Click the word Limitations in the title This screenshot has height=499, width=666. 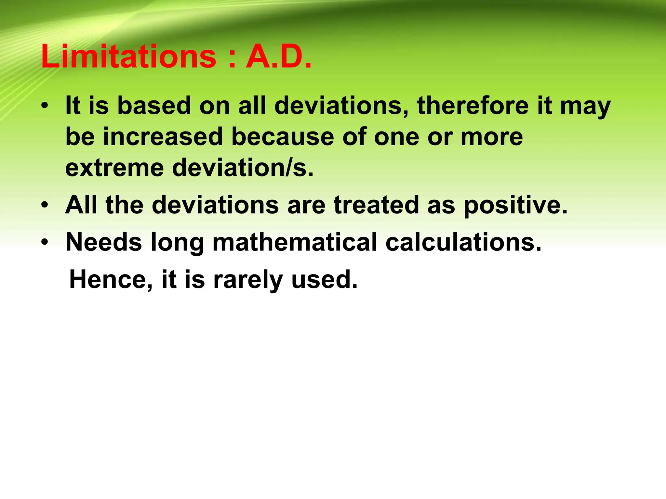[129, 57]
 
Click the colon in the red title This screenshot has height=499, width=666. [232, 58]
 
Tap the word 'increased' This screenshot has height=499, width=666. [163, 137]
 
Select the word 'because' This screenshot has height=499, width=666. [283, 137]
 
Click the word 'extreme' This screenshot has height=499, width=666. [114, 168]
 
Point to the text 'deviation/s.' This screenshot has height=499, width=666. [243, 168]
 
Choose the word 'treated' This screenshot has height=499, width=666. [376, 205]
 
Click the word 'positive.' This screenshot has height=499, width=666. [515, 206]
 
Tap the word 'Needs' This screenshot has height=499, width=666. [104, 242]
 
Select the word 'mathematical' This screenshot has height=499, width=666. [295, 242]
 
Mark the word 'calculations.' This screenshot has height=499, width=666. [463, 242]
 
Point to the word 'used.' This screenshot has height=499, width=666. [324, 280]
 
